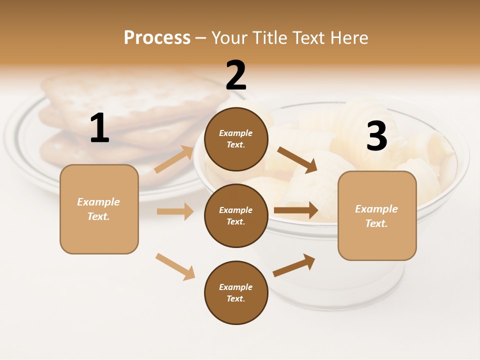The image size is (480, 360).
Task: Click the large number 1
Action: tap(99, 128)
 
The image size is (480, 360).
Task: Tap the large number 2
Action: tap(236, 75)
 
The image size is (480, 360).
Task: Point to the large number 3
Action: tap(376, 136)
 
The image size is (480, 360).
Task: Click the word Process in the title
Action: tap(157, 37)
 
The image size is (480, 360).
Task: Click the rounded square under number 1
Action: tap(99, 209)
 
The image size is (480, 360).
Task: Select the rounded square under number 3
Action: tap(377, 215)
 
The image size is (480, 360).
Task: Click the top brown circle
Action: tap(236, 139)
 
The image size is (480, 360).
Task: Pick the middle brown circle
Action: tap(236, 215)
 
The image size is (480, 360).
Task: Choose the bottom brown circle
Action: tap(236, 292)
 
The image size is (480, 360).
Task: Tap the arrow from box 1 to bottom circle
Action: tap(175, 266)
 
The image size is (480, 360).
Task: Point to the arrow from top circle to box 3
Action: tap(297, 159)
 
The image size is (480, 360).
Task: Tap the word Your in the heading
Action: tap(230, 37)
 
